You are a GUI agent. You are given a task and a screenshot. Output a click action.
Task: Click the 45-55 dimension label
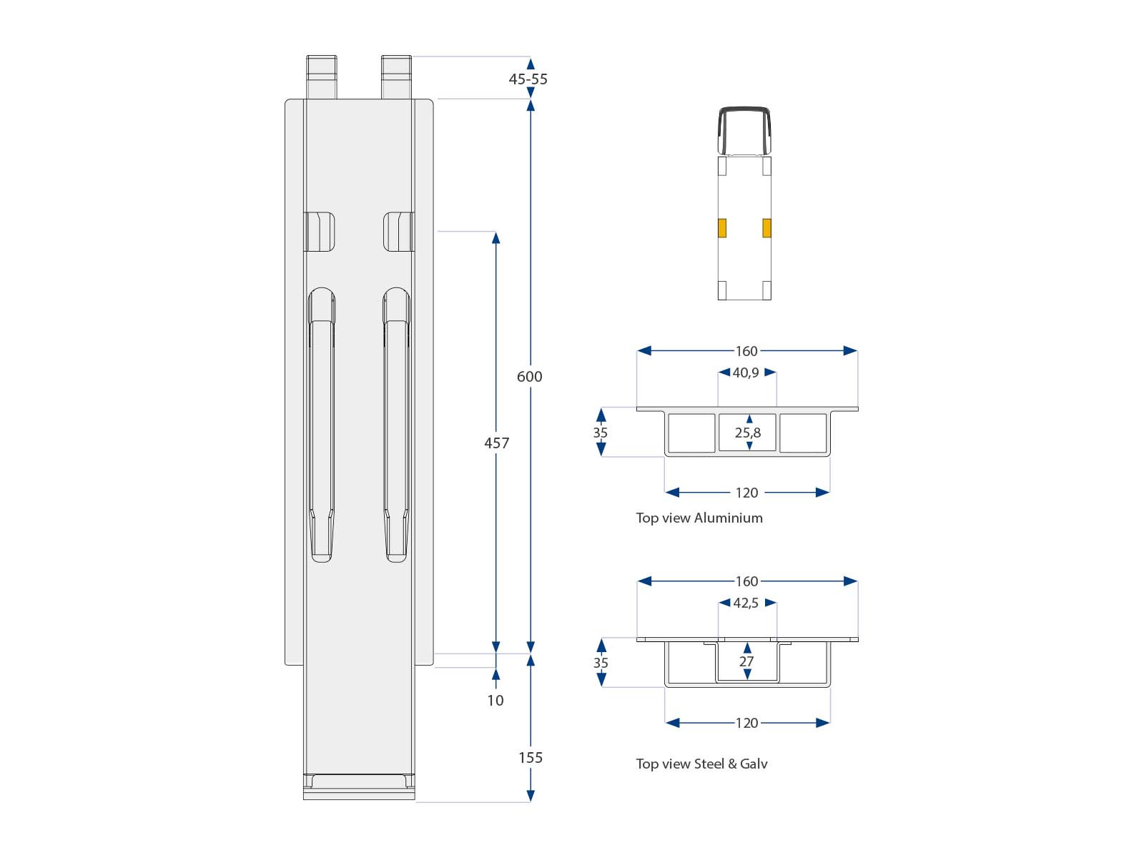tap(528, 79)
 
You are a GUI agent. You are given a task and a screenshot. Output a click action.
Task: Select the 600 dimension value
tap(529, 377)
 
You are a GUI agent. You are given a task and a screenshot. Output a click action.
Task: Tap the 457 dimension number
tap(496, 443)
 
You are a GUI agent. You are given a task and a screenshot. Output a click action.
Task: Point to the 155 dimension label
tap(530, 758)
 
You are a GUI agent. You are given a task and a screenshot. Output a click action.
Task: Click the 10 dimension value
tap(495, 701)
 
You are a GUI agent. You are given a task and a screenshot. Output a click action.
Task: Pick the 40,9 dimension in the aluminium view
tap(746, 373)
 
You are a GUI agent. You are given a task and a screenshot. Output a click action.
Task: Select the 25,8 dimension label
tap(748, 433)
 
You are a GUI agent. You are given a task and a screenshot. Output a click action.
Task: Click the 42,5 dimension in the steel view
tap(746, 603)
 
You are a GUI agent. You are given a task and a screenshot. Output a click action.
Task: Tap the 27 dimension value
tap(746, 661)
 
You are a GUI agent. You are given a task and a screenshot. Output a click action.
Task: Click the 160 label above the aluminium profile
tap(746, 351)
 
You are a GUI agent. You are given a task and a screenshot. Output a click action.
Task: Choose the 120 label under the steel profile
tap(746, 723)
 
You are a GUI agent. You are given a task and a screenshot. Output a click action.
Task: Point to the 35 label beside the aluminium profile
tap(600, 433)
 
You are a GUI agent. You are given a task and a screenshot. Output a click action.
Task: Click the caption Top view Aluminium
tap(699, 518)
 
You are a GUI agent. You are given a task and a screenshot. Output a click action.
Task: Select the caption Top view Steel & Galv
tap(701, 764)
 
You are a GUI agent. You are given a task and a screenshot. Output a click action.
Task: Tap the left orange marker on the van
tap(722, 228)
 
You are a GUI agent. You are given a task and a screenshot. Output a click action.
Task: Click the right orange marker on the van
tap(766, 228)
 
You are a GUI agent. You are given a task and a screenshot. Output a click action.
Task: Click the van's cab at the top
tap(744, 131)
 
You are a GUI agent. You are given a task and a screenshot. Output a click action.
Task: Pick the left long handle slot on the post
tap(321, 425)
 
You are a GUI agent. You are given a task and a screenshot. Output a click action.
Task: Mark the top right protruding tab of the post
tap(396, 77)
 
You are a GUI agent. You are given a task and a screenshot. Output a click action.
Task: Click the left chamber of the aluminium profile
tap(691, 433)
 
